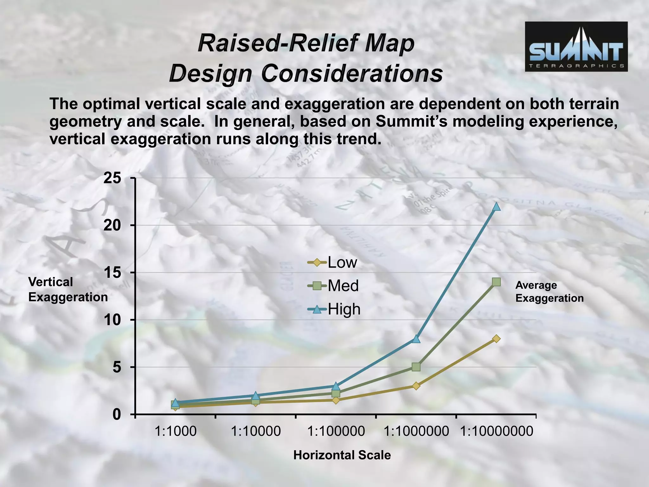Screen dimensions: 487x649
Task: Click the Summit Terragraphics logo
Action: point(576,47)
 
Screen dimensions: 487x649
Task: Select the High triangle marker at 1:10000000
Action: point(496,207)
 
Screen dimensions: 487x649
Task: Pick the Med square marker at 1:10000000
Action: point(496,282)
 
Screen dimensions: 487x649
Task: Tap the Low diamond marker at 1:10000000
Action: point(496,339)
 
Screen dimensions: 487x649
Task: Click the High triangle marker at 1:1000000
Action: point(416,339)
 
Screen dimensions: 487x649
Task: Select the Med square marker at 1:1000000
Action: point(416,367)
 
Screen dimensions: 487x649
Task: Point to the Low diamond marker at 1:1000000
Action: point(416,386)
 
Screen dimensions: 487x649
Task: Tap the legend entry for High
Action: point(334,309)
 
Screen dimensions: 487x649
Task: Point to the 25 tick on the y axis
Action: point(112,178)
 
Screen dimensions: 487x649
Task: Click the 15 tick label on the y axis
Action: point(112,273)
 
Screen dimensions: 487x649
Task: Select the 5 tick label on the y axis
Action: point(117,367)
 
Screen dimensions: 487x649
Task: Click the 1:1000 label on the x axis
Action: point(175,432)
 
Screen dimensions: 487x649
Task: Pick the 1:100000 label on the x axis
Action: point(336,432)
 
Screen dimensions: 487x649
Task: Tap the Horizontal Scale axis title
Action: point(342,455)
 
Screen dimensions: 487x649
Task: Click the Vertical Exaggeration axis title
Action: point(68,289)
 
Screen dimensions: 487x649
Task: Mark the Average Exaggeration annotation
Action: point(549,292)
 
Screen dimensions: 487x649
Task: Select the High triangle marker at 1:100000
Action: point(336,386)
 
